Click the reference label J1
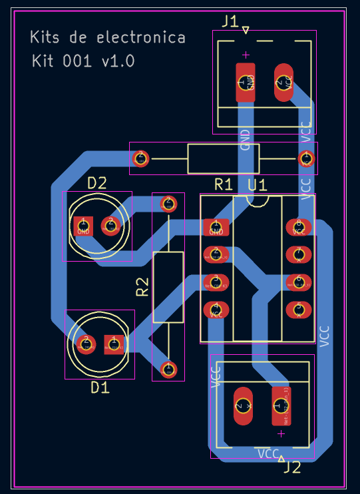point(230,21)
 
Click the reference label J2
point(292,468)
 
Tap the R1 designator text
point(223,184)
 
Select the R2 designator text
point(142,287)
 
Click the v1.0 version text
point(118,61)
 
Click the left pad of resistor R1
point(140,158)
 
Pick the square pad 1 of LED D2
point(83,226)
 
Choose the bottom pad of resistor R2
point(168,368)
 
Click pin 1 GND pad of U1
point(216,228)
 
